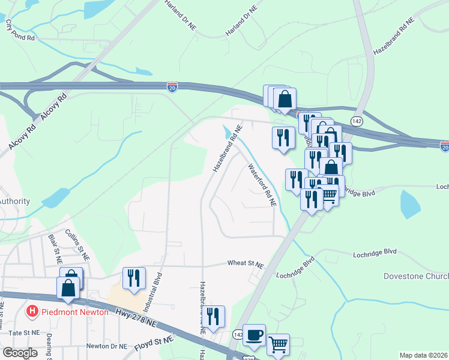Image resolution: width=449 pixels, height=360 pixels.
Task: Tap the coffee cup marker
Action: [254, 335]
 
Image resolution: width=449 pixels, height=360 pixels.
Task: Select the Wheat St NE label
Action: [245, 263]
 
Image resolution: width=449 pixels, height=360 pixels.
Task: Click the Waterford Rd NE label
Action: [262, 185]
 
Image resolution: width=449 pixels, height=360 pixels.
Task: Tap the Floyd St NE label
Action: [154, 340]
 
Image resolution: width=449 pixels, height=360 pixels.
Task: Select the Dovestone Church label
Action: [416, 276]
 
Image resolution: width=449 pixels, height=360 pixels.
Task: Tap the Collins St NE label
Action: [77, 244]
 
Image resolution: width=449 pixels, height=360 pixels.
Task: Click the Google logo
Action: [19, 353]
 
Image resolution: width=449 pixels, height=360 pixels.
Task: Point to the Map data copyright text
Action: [423, 355]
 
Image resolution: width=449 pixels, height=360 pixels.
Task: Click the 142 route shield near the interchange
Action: [357, 121]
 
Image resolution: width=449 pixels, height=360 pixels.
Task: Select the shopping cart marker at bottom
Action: [278, 344]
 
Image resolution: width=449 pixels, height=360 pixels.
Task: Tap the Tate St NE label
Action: [24, 332]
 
